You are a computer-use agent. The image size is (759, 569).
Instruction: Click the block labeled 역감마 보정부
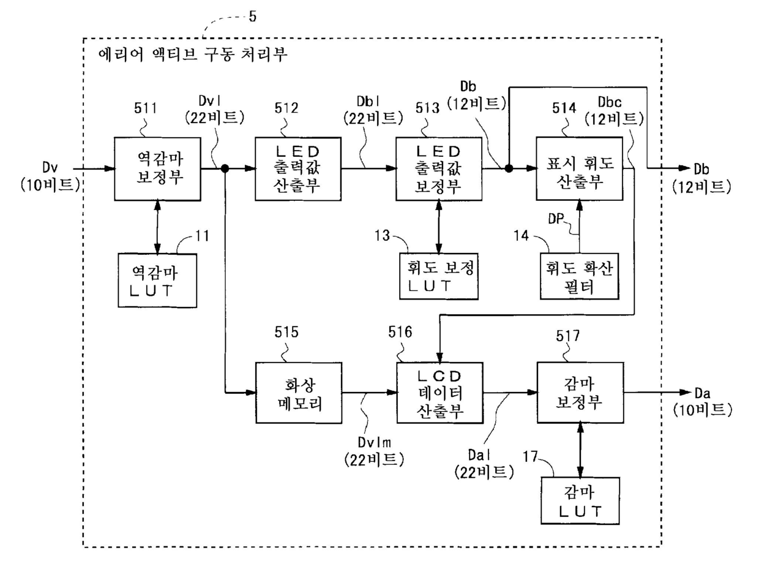tap(158, 169)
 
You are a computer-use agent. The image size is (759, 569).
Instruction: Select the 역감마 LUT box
tap(157, 281)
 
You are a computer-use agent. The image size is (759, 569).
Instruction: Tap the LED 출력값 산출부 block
tap(298, 169)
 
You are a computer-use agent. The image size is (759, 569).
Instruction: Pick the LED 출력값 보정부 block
tap(439, 169)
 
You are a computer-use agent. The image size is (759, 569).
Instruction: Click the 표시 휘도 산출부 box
tap(580, 169)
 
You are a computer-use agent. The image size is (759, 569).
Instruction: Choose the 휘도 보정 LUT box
tap(439, 276)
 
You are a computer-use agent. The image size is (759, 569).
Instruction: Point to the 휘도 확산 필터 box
tap(580, 276)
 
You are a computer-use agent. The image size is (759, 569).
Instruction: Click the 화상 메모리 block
tap(299, 393)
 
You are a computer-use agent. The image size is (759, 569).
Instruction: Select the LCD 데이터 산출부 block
tap(440, 393)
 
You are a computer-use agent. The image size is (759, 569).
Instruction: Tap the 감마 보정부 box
tap(580, 393)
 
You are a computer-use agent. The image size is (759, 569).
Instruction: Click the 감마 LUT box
tap(580, 501)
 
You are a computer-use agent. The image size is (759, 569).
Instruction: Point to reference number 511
tap(145, 108)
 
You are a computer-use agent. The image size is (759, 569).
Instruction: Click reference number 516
tap(400, 332)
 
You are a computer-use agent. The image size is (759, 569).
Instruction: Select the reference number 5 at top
tap(253, 17)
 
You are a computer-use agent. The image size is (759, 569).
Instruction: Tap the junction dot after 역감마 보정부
tap(225, 168)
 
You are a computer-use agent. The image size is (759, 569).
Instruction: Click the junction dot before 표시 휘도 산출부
tap(509, 168)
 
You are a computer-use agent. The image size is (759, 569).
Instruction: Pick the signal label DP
tap(556, 219)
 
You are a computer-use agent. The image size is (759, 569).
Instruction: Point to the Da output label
tap(702, 393)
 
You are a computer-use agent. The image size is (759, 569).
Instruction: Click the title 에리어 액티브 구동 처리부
tap(193, 55)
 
